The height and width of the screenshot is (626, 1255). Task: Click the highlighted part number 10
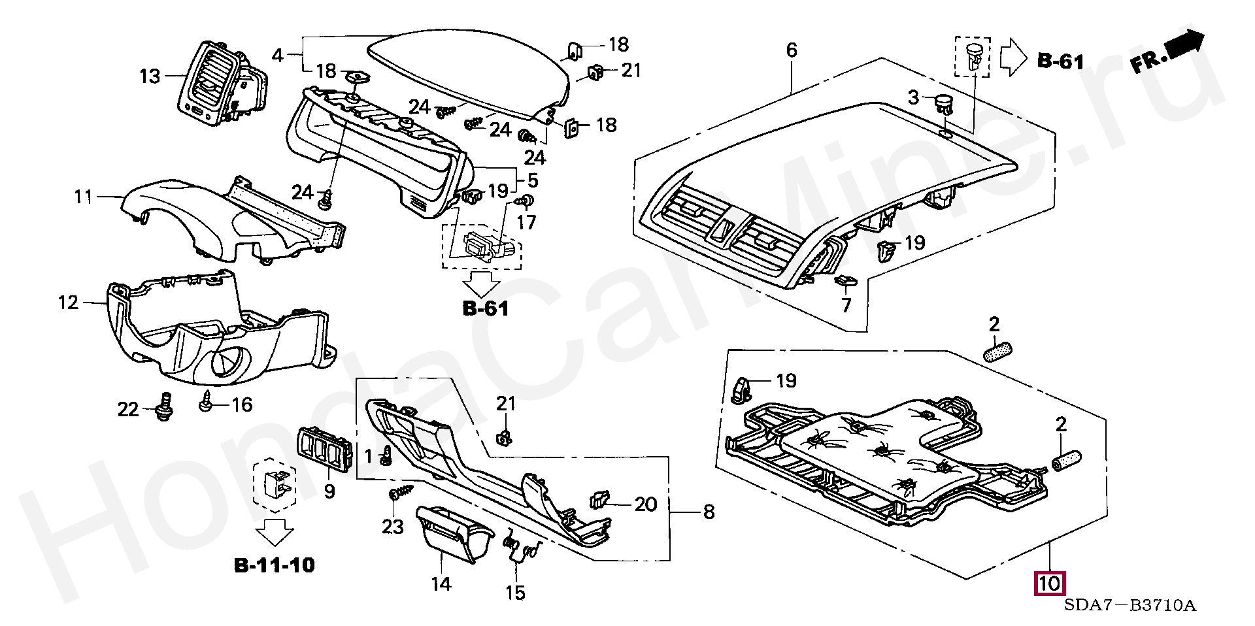(x=1048, y=584)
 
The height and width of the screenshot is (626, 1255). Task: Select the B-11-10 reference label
(x=275, y=565)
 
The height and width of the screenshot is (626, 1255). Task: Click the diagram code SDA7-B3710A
(x=1129, y=606)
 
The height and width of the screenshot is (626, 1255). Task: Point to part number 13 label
(x=150, y=76)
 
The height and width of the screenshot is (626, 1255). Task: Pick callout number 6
(x=792, y=50)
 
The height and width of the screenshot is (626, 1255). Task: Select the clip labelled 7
(x=846, y=282)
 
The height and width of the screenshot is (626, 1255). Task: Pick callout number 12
(x=68, y=303)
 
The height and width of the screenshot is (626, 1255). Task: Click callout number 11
(x=83, y=196)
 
